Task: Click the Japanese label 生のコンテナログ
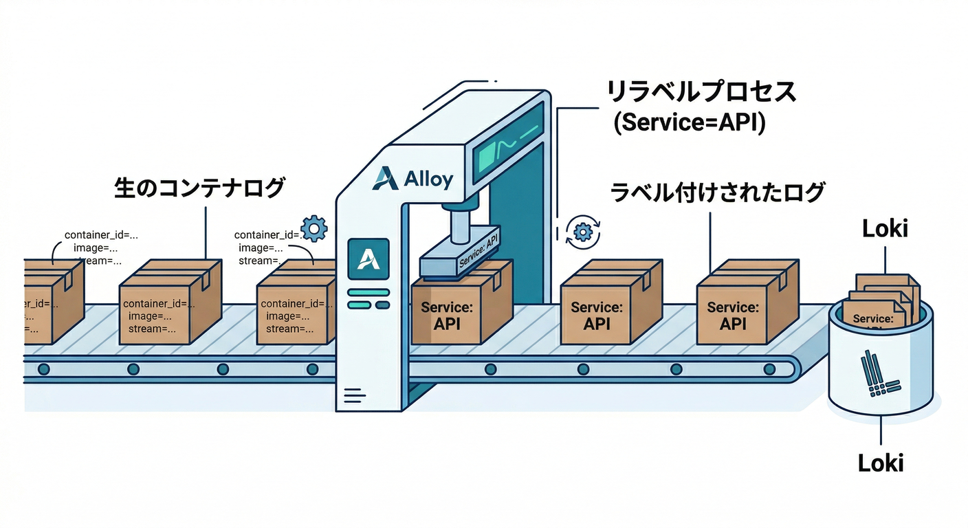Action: coord(199,188)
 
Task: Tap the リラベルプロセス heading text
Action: coord(701,92)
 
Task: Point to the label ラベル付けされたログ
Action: coord(718,193)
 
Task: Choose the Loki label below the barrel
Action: coord(881,462)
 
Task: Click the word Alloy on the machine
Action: coord(428,179)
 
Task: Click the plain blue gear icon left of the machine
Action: coord(314,228)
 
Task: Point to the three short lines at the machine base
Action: coord(353,395)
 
